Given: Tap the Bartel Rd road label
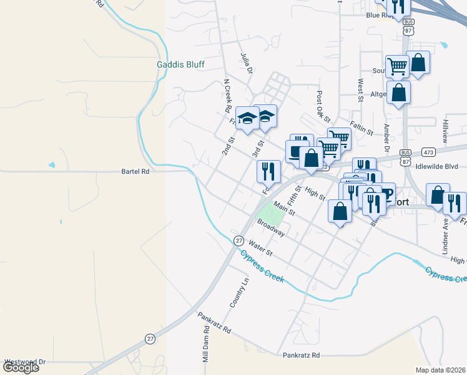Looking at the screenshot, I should point(135,171).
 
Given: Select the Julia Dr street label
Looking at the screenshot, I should point(245,63).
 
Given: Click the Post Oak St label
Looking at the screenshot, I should point(323,107).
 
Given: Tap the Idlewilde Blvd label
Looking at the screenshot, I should point(441,166).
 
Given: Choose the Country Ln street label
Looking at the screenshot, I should point(235,292).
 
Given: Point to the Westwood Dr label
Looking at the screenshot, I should point(25,361).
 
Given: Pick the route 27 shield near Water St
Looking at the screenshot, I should point(238,241).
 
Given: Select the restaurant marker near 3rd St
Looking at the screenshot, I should point(268,171).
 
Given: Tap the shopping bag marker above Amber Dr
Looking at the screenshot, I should point(398,92).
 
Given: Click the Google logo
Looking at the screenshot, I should point(21,367).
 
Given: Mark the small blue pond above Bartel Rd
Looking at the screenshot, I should point(51,165).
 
